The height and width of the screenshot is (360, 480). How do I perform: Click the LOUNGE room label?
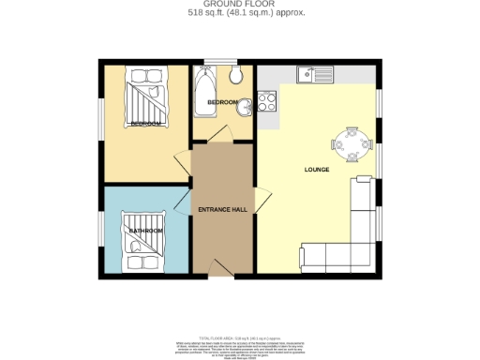317,170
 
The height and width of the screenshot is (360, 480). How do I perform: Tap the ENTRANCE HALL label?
222,209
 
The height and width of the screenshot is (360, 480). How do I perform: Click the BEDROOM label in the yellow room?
145,124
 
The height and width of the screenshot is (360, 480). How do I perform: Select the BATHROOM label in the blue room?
146,231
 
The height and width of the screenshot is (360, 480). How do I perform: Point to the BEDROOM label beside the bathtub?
222,101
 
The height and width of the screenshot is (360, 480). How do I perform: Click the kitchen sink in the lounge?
311,74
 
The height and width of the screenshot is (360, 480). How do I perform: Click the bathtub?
204,93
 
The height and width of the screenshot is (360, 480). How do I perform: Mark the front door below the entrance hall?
221,271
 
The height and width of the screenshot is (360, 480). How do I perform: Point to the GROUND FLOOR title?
240,5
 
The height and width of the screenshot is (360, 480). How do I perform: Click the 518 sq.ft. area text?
240,13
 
